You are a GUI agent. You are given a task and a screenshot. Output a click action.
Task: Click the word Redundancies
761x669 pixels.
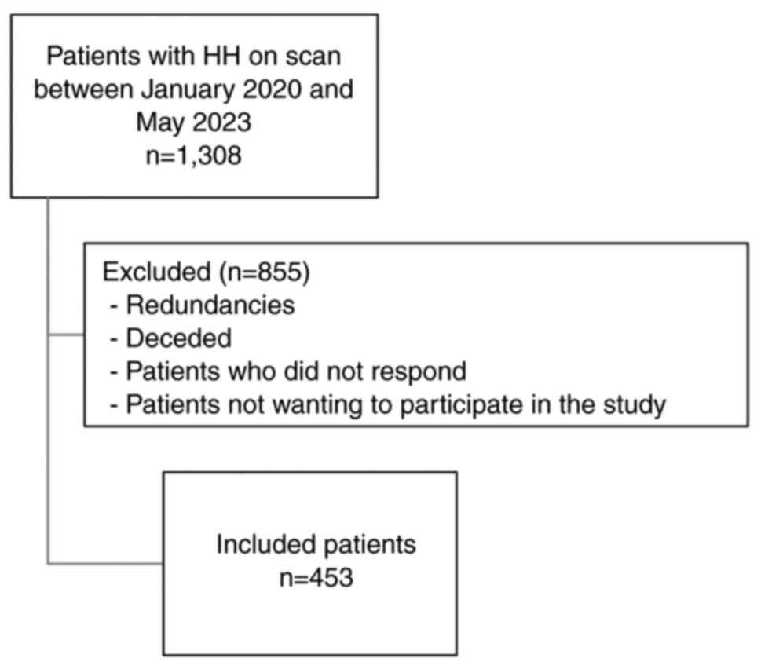(x=208, y=305)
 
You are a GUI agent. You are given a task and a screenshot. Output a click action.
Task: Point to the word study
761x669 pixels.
(x=635, y=404)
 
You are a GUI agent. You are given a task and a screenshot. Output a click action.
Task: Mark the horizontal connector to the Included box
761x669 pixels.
(x=105, y=563)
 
